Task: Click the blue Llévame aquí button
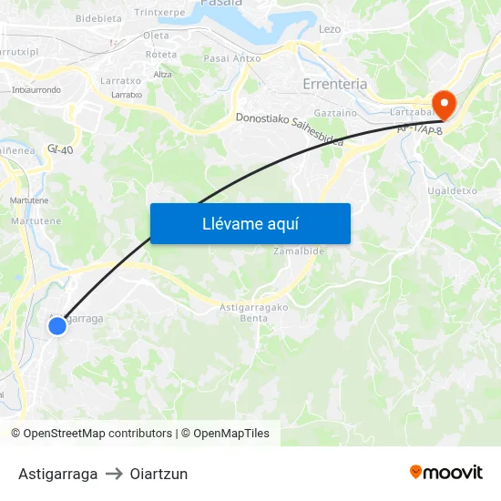[250, 224]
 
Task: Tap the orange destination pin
[445, 104]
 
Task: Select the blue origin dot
[57, 325]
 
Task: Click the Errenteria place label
[334, 84]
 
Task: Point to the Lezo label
[330, 29]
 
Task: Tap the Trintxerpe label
[159, 12]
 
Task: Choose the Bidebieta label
[98, 17]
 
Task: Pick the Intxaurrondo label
[36, 90]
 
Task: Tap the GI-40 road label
[60, 148]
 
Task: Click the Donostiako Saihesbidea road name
[290, 129]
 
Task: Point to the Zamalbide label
[299, 250]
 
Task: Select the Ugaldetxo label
[453, 191]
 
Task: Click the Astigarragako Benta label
[254, 312]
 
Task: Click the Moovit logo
[446, 473]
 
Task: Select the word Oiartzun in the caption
[158, 474]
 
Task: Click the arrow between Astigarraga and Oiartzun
[114, 474]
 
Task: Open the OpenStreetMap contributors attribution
[97, 434]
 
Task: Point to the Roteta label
[161, 55]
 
